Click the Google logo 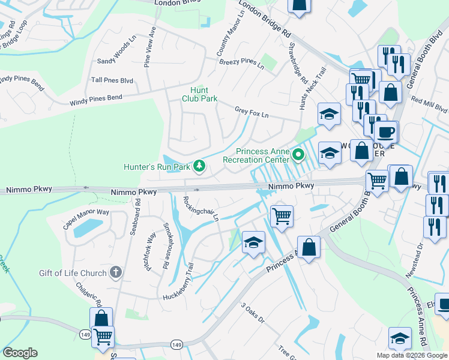pos(20,353)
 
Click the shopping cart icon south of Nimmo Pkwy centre pos(282,215)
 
